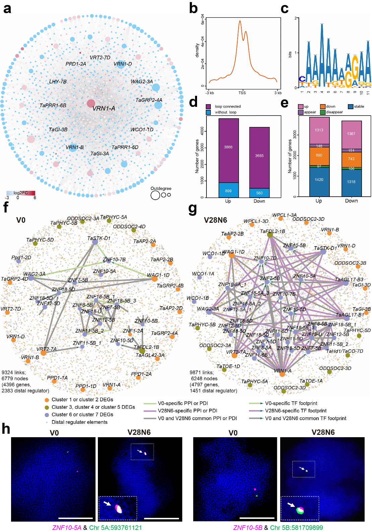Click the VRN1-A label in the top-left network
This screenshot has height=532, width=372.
click(104, 108)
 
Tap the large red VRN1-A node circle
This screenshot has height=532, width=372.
click(91, 103)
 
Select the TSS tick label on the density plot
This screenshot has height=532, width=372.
click(242, 93)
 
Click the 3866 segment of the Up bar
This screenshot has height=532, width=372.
click(229, 147)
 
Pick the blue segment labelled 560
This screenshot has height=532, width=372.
click(259, 193)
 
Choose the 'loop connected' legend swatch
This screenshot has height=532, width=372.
click(208, 107)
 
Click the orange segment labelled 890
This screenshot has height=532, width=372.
click(319, 156)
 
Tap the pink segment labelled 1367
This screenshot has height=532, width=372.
click(351, 134)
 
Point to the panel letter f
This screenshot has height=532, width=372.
click(5, 207)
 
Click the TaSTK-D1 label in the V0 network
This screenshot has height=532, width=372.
click(99, 238)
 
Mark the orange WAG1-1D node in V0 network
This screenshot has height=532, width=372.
click(154, 278)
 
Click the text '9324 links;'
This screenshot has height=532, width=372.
click(14, 372)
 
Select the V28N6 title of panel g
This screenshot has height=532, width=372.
click(215, 220)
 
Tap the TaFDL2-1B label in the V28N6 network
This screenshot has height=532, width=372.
click(272, 231)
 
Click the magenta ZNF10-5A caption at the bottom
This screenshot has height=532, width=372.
click(67, 528)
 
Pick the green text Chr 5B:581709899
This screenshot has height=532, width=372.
click(297, 528)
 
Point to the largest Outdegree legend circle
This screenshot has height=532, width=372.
click(155, 195)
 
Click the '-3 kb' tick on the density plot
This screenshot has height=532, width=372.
click(210, 93)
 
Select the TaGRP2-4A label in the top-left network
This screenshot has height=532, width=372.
click(149, 100)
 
